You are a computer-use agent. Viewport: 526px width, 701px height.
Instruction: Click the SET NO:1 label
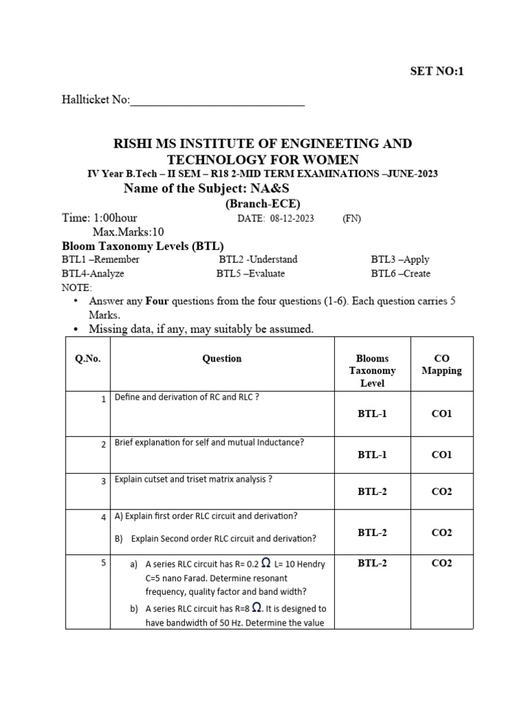[x=436, y=71]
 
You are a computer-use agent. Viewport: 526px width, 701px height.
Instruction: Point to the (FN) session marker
[x=351, y=218]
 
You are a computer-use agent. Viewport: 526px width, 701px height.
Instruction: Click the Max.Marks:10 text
[x=128, y=232]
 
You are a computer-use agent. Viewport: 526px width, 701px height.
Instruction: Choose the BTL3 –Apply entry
[x=400, y=259]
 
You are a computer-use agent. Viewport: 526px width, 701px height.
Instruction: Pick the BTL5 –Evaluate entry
[x=250, y=273]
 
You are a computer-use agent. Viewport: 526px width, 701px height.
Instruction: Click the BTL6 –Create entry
[x=401, y=273]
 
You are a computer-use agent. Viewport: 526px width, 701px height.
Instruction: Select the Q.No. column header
[x=88, y=359]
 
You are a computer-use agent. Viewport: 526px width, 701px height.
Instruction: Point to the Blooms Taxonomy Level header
[x=372, y=370]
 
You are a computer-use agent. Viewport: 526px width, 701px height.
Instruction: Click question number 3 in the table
[x=103, y=482]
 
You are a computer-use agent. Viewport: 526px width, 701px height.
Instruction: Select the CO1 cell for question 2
[x=441, y=455]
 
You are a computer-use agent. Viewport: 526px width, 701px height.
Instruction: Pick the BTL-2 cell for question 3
[x=372, y=492]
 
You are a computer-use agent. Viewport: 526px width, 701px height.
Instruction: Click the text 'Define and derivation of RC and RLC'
[x=186, y=398]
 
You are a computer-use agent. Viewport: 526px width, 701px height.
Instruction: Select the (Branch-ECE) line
[x=263, y=204]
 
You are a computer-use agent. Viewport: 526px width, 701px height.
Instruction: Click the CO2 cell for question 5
[x=441, y=563]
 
